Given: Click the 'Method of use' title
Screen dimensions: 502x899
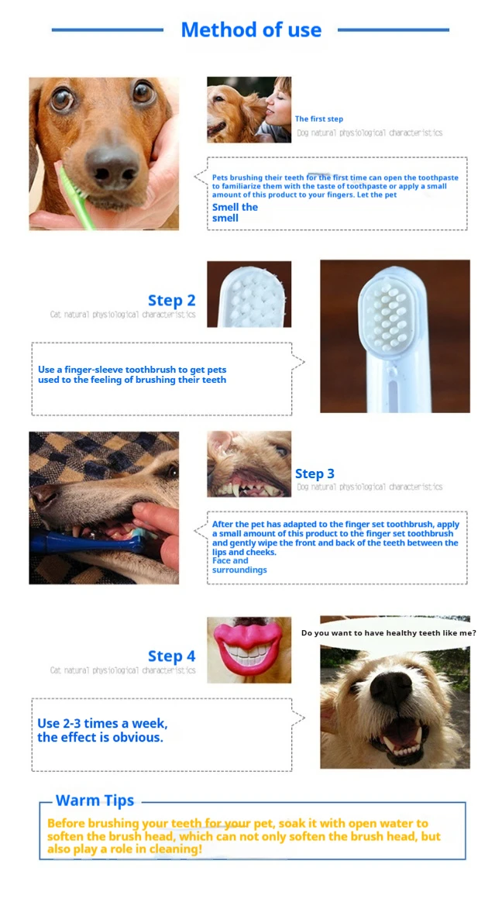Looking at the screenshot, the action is point(251,29).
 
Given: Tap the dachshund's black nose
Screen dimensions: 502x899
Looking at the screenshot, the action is point(112,167).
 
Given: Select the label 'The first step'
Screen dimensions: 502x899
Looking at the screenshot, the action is point(318,119).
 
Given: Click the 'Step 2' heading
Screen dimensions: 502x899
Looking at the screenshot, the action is point(171,300).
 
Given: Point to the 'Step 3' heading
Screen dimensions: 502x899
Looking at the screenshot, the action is point(314,474).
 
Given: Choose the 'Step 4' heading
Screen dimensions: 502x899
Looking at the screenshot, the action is point(171,656).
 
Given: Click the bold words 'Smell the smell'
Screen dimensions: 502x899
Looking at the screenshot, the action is point(235,212).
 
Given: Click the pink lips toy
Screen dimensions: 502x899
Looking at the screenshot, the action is point(249,649).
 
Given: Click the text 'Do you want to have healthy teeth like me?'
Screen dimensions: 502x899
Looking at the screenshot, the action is point(389,633).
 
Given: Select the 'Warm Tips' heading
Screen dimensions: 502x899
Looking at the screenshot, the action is point(95,801).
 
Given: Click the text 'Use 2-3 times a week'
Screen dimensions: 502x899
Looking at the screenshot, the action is point(102,724).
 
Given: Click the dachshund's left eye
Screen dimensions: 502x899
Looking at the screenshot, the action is point(62,99).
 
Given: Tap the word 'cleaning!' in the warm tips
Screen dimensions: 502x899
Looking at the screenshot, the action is point(176,849).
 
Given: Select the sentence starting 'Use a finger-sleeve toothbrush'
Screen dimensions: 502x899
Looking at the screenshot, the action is point(132,374).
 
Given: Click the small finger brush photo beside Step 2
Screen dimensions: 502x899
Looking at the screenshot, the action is point(249,294).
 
